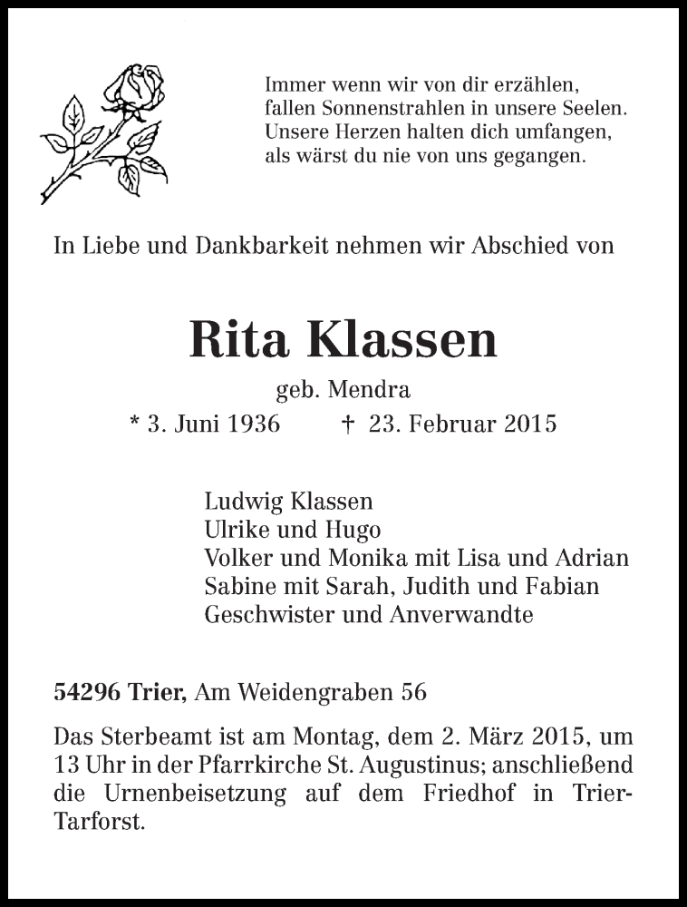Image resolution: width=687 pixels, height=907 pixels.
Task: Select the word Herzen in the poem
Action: point(354,132)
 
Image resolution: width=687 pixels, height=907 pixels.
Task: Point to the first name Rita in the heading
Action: point(240,339)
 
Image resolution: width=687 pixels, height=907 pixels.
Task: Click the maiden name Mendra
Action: point(371,390)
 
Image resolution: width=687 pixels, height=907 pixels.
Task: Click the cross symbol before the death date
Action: point(348,424)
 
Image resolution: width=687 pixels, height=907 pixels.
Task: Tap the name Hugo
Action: point(354,530)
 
